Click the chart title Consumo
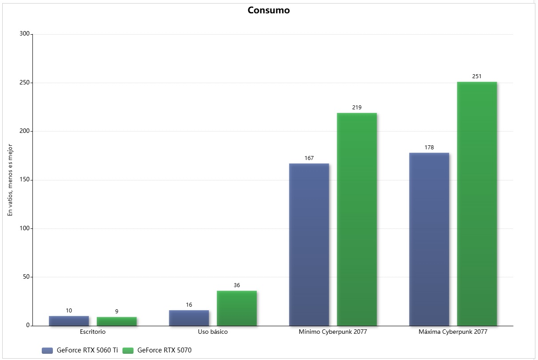[268, 10]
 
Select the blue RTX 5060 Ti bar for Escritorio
[69, 320]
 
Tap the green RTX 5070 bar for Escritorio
[116, 321]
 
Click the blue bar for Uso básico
[189, 318]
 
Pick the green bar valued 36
[237, 308]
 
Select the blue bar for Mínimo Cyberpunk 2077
[309, 244]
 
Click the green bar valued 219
[357, 219]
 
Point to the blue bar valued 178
[429, 239]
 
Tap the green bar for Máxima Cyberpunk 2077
[477, 204]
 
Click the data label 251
[477, 76]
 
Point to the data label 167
[309, 158]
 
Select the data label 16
[189, 305]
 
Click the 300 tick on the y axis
[24, 34]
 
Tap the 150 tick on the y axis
[24, 180]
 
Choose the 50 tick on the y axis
[26, 277]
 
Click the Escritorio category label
[93, 332]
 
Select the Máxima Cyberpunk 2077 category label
[453, 332]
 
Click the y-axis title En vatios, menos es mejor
[10, 180]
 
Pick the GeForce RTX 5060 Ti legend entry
[80, 350]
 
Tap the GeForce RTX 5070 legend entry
[158, 350]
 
